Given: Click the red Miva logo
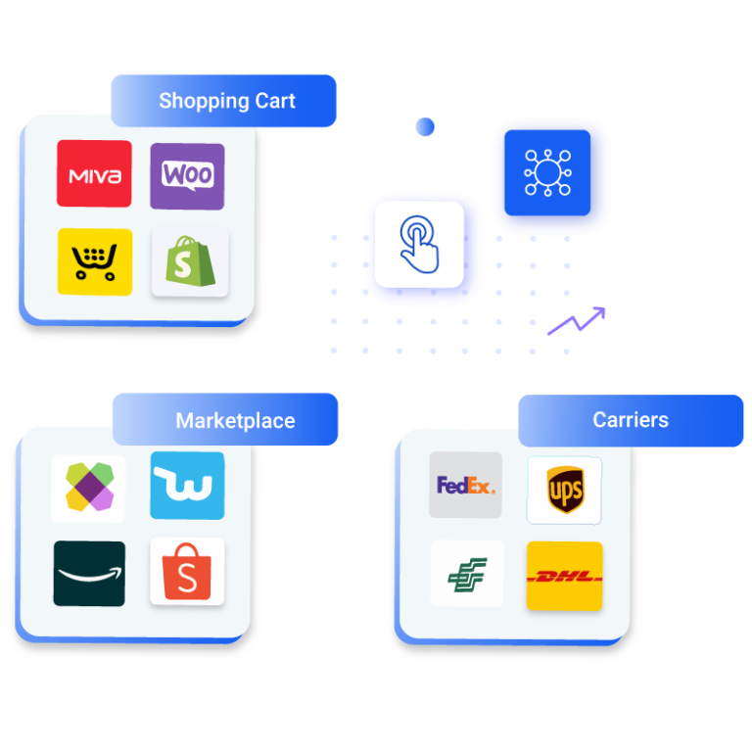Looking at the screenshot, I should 94,174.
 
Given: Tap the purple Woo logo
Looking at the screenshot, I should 187,175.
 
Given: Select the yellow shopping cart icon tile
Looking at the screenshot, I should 94,261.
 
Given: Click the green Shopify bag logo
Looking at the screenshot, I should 190,262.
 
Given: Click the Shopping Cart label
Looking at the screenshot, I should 226,101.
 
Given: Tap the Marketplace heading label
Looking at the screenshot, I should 235,421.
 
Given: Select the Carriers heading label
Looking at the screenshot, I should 631,420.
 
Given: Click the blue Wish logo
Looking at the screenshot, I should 187,486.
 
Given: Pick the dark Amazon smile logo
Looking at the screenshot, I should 89,573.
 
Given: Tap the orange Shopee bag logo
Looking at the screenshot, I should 187,572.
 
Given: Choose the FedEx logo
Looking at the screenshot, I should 466,485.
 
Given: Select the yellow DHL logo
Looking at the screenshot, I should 564,576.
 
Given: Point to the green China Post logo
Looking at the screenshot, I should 467,574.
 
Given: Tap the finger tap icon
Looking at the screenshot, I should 419,245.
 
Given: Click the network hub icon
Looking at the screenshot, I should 546,172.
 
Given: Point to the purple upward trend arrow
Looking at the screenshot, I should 577,320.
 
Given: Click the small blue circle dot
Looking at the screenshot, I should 425,126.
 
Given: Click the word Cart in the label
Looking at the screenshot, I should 274,101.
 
